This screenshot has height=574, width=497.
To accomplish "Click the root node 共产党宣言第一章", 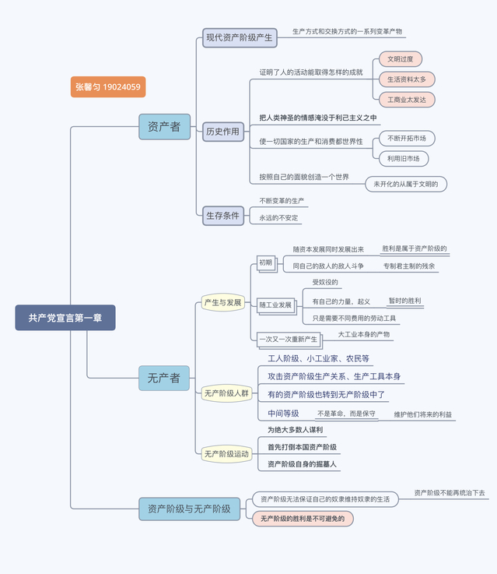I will click(x=65, y=318).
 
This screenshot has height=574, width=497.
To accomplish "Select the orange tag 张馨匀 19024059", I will click(x=108, y=87).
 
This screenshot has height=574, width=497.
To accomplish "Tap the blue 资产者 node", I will click(x=164, y=126).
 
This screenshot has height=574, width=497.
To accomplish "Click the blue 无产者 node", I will click(x=164, y=378).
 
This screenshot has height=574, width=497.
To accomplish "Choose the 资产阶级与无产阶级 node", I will click(x=189, y=509).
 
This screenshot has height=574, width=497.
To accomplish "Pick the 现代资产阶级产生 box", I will click(x=240, y=37).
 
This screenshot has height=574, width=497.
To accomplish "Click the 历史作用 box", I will click(x=223, y=132).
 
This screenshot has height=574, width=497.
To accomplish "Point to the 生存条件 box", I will click(x=223, y=215).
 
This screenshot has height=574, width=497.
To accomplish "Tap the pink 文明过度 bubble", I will click(x=401, y=59).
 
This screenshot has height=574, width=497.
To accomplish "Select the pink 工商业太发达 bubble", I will click(x=406, y=100).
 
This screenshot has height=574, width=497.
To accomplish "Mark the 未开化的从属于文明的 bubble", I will click(x=406, y=185).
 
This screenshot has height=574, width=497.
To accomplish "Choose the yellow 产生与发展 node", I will click(x=222, y=302).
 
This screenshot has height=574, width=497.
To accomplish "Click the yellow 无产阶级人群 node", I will click(x=226, y=393).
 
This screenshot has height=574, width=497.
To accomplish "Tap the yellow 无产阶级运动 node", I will click(x=226, y=453).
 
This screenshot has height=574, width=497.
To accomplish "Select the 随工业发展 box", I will click(x=275, y=305).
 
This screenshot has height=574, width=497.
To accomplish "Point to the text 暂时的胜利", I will click(x=404, y=301).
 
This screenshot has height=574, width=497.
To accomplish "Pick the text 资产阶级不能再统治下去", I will click(x=449, y=493).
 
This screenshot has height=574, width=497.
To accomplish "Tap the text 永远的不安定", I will click(x=278, y=218).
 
